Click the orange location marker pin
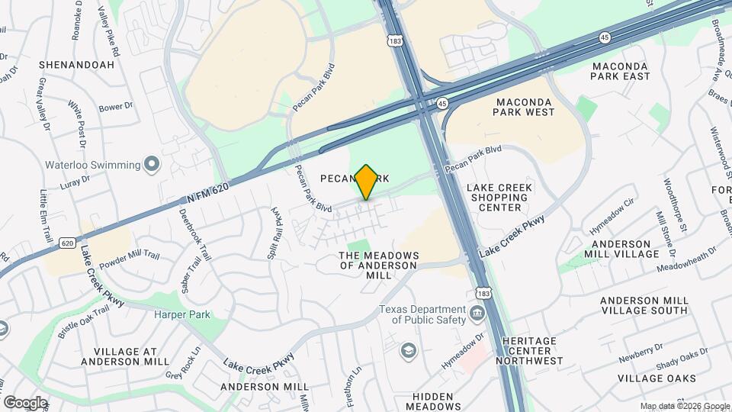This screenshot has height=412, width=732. (x=367, y=182)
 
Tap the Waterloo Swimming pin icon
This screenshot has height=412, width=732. (x=152, y=164)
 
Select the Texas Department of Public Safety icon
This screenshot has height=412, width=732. (x=477, y=312)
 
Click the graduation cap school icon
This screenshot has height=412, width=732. (x=409, y=350)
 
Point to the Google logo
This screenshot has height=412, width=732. (x=25, y=402)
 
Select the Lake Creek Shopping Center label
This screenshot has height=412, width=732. (x=500, y=197)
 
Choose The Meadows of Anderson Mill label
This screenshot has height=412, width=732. (x=379, y=265)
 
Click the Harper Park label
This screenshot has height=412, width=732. (x=181, y=314)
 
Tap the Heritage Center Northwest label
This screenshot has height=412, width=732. (x=529, y=350)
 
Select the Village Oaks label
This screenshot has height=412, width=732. (x=656, y=378)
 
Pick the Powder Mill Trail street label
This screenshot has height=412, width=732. (x=128, y=258)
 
